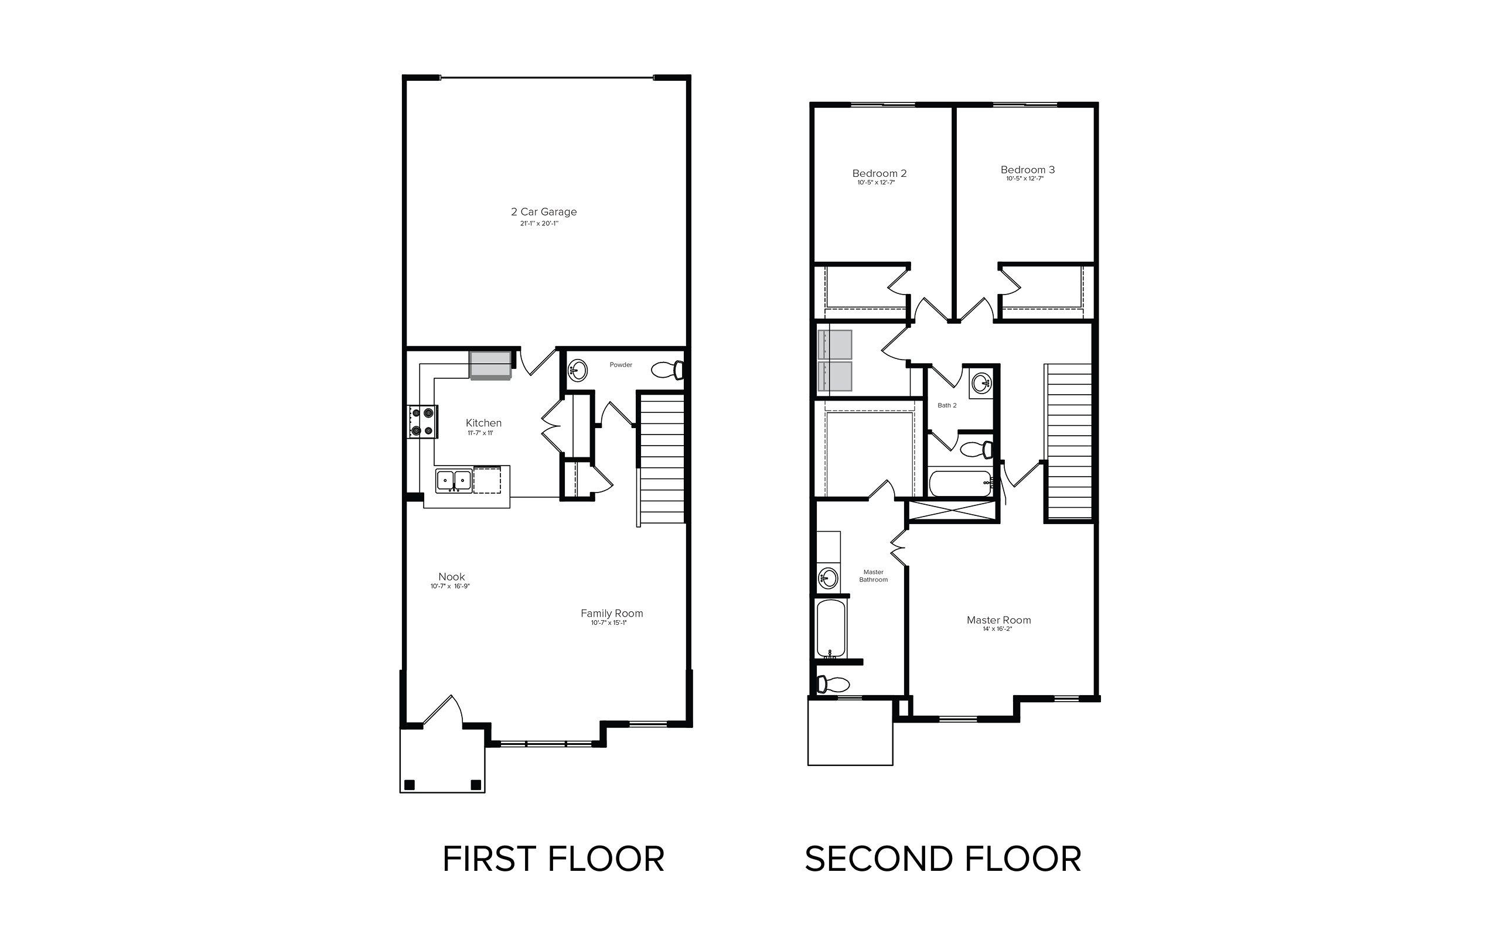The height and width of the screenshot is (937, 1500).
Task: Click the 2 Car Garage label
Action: [x=544, y=212]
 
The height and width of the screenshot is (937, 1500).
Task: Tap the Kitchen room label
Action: [x=483, y=423]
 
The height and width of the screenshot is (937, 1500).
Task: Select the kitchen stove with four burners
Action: [x=422, y=422]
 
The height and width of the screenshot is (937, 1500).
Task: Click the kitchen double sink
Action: [x=453, y=480]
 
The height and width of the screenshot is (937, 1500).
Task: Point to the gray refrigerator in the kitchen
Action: [x=490, y=365]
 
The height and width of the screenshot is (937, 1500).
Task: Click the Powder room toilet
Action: [x=667, y=370]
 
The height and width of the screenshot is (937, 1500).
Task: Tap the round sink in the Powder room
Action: [x=578, y=371]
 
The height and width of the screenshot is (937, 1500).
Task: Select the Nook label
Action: [x=451, y=576]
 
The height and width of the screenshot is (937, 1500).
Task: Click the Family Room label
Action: [x=612, y=613]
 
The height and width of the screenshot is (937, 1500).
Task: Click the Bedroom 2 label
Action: [x=879, y=173]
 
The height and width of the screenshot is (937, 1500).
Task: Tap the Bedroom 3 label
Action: [x=1027, y=170]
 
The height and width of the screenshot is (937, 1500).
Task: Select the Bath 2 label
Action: [x=946, y=405]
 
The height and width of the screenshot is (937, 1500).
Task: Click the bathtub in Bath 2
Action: [x=960, y=483]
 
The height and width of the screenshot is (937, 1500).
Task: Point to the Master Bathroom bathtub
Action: [x=831, y=628]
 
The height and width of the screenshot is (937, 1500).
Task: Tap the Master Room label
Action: [x=998, y=620]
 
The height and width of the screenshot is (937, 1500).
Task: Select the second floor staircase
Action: [x=1069, y=441]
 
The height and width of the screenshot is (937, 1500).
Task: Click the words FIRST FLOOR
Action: [x=553, y=859]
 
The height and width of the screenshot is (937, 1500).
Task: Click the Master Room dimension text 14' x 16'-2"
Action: [x=997, y=629]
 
